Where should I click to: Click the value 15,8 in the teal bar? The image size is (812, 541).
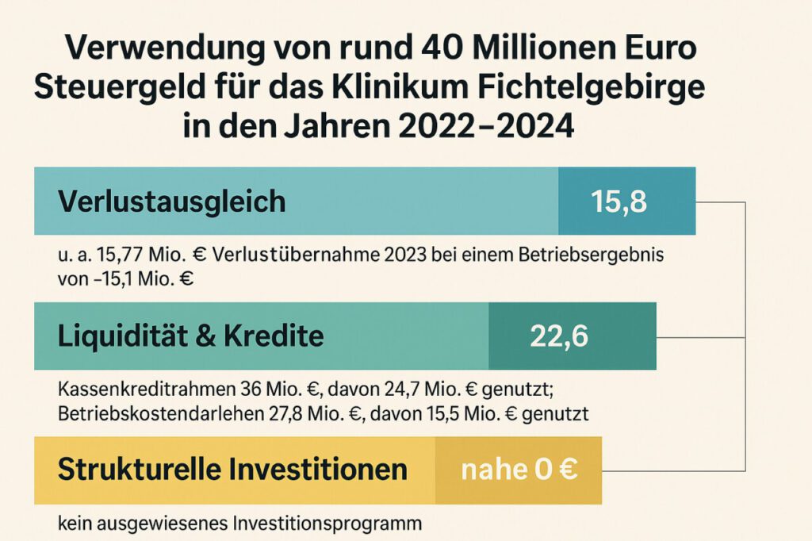click(x=619, y=201)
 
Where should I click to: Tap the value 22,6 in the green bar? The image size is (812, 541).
click(x=558, y=336)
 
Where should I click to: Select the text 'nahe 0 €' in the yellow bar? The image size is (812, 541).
click(x=519, y=470)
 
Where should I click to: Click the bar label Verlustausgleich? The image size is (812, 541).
click(x=171, y=201)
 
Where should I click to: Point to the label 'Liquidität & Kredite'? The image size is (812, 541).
click(x=190, y=336)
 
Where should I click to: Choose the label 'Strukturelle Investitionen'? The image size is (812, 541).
click(x=232, y=470)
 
